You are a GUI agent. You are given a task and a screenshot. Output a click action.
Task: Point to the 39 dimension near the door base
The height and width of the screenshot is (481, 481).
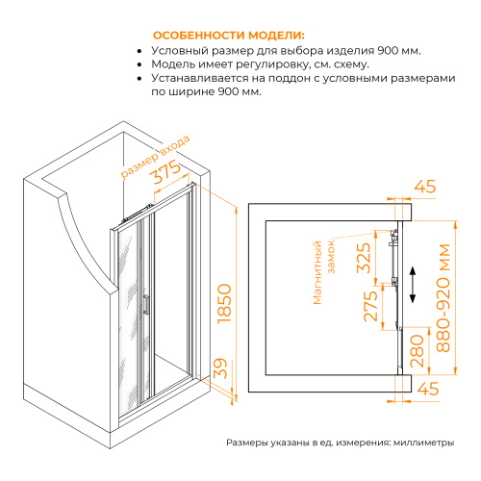220,367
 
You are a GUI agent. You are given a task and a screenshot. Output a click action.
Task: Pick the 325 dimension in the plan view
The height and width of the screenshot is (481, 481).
364,257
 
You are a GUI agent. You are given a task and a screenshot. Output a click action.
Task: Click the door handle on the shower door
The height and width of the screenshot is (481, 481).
147,305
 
